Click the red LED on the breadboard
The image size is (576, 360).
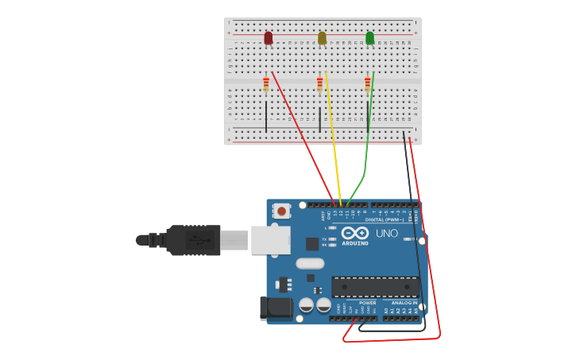tap(269, 38)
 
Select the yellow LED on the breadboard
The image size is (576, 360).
tap(322, 38)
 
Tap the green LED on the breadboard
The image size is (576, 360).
tap(369, 38)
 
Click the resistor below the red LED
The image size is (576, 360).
tap(266, 83)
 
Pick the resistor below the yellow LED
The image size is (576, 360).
tap(320, 83)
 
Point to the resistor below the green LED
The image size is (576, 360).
tap(367, 83)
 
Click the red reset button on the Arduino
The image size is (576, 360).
tap(281, 211)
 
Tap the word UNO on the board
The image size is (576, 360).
tap(386, 234)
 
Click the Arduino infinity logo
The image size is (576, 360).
tap(355, 233)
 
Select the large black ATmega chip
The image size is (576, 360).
tap(375, 286)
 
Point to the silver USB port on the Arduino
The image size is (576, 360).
tap(270, 239)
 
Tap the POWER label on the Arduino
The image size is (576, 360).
tap(367, 303)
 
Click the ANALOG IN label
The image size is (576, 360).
tap(404, 303)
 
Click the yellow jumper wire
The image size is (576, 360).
tap(332, 135)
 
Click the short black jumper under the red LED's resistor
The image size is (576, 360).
tap(266, 116)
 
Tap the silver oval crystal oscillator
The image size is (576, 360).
tap(310, 263)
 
